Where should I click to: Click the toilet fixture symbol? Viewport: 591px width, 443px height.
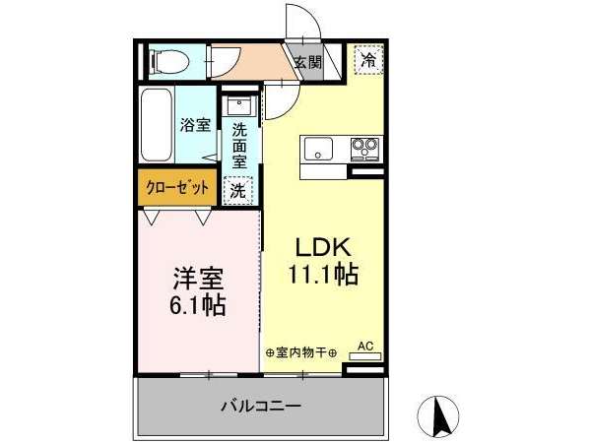(169, 61)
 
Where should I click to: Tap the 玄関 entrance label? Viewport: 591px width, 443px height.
(308, 62)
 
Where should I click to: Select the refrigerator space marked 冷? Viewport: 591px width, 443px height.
(369, 59)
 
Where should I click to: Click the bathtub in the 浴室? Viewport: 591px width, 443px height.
(157, 125)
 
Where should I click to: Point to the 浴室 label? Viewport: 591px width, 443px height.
(195, 125)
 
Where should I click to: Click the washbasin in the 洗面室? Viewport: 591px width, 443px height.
(239, 105)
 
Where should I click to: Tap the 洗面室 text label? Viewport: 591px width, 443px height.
(239, 146)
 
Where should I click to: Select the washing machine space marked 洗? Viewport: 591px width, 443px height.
(237, 191)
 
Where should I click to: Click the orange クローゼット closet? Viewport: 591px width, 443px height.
(177, 187)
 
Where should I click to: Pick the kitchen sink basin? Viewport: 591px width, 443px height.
(319, 149)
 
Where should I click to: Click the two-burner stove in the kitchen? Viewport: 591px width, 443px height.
(364, 150)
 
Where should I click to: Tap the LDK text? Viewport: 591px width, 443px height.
(323, 248)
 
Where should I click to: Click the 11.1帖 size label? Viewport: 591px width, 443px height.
(323, 274)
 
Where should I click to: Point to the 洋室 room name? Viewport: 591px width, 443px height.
(198, 279)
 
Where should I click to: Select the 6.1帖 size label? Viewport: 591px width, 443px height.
(198, 305)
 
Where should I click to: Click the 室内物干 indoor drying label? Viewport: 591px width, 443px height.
(301, 353)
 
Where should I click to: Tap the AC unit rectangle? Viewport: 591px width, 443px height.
(365, 356)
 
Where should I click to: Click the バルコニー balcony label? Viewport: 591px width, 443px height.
(261, 406)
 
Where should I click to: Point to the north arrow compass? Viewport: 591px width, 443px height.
(438, 415)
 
